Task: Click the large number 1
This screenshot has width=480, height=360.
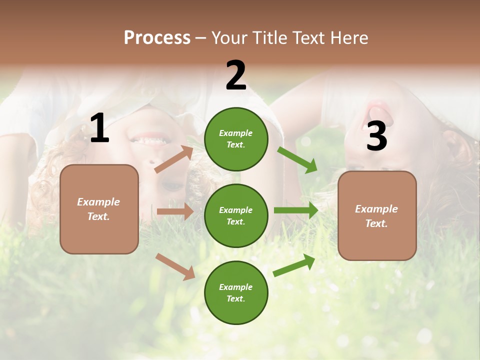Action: [x=99, y=128]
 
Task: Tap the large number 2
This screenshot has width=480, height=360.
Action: [x=235, y=75]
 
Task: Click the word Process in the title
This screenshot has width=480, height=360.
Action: [x=157, y=37]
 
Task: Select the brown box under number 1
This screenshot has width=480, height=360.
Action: [x=99, y=209]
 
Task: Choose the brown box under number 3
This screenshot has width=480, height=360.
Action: [x=376, y=215]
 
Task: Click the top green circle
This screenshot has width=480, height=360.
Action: [x=236, y=139]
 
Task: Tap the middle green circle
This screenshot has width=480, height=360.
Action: [x=236, y=215]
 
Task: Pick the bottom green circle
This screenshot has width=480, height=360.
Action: [x=236, y=292]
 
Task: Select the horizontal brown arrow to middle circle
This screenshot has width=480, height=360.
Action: [x=175, y=211]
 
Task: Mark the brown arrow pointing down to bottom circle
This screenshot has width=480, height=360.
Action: [x=175, y=266]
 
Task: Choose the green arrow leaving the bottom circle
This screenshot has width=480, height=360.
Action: [x=294, y=265]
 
